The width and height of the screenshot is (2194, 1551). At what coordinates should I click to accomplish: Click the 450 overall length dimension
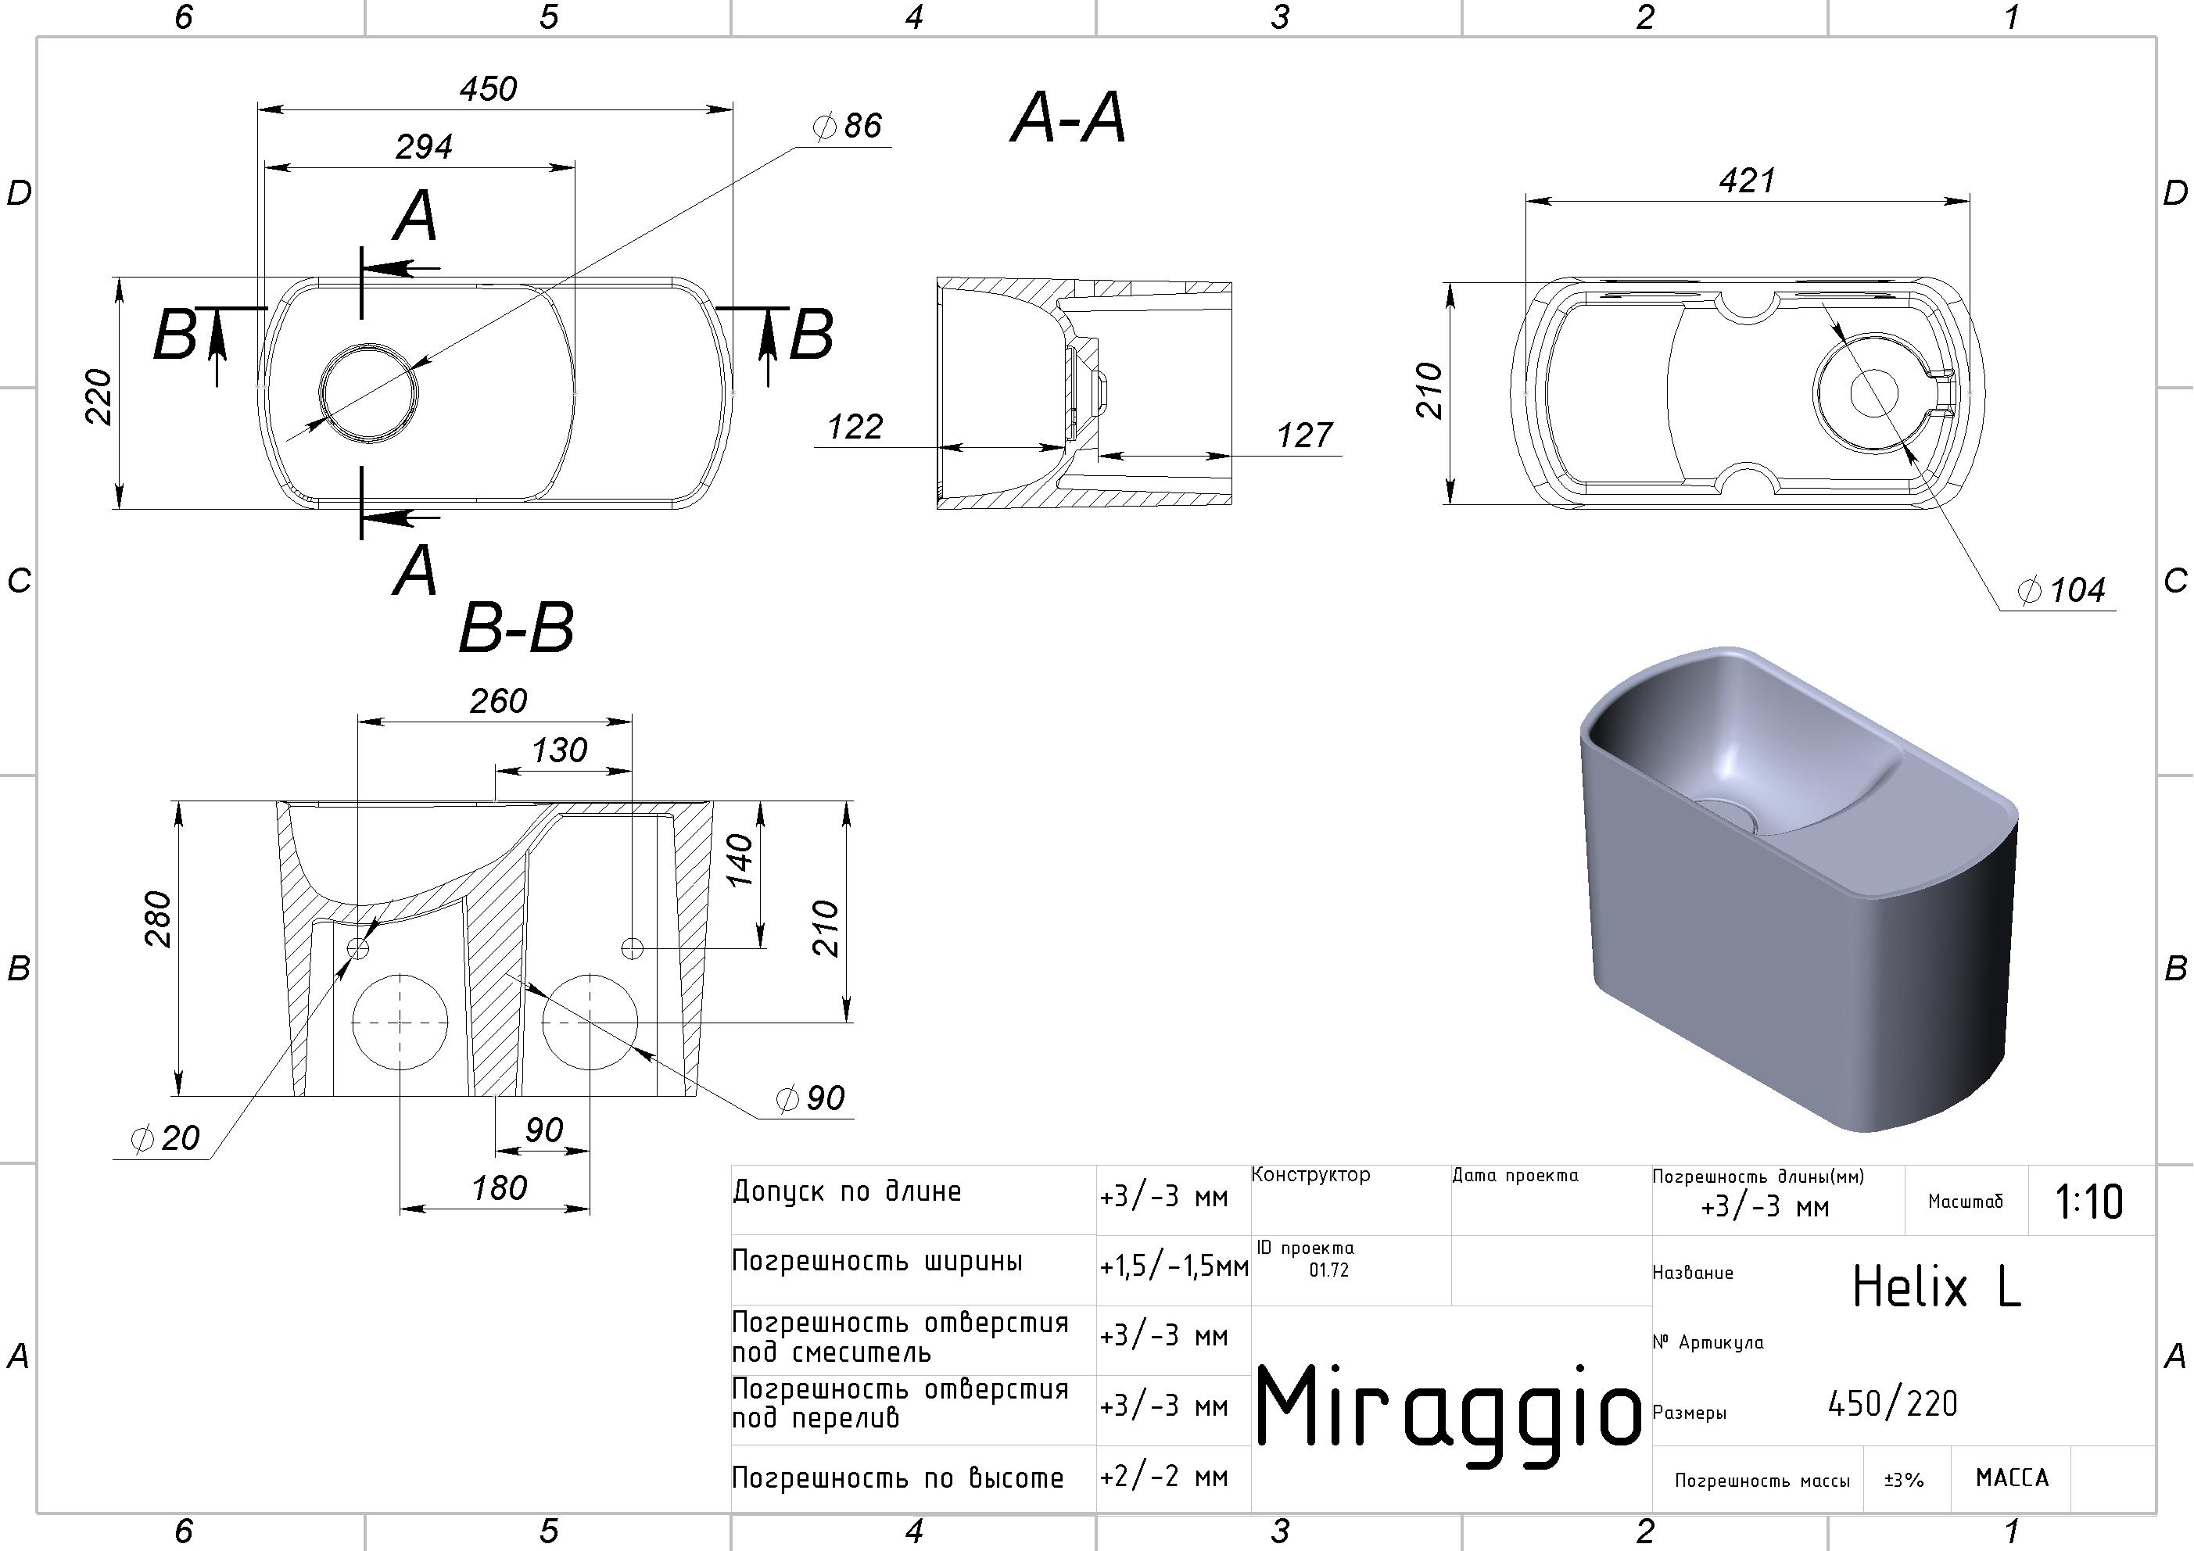489,89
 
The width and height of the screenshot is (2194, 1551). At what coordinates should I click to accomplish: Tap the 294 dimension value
425,146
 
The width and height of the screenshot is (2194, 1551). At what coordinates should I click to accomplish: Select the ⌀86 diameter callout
847,125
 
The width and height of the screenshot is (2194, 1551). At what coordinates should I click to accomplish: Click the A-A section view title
1068,119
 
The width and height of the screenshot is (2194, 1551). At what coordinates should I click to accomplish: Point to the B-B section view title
516,629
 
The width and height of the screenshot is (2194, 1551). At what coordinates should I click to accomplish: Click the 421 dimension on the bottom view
1747,180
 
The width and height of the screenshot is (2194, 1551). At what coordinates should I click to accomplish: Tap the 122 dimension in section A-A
855,426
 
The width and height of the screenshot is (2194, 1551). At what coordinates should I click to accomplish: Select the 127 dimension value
1304,435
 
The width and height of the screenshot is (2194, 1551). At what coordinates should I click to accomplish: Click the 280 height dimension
159,919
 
